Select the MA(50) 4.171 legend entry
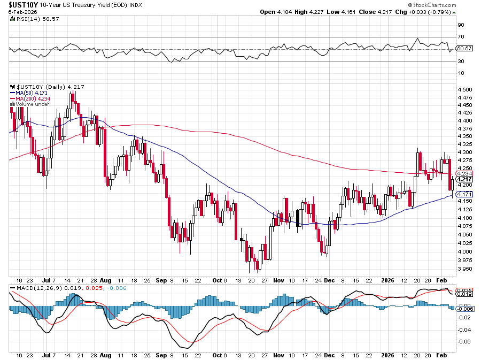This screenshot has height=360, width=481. [x=32, y=93]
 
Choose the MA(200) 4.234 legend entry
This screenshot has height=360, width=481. [x=33, y=98]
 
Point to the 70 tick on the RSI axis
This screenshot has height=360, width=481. [x=460, y=37]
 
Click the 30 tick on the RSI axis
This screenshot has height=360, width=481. [x=460, y=61]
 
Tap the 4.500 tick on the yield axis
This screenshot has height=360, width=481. [x=463, y=89]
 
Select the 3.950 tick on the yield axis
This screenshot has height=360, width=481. [x=463, y=269]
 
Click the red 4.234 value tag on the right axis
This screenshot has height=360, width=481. [x=464, y=173]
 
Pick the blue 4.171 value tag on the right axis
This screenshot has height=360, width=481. [x=464, y=194]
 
